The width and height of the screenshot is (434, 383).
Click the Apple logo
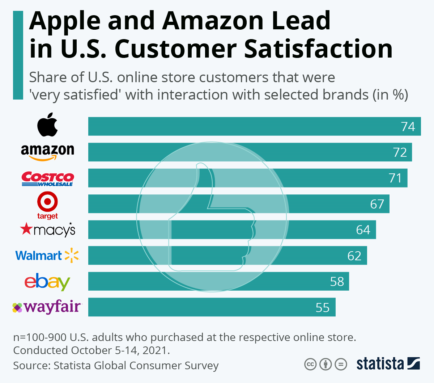(x=47, y=125)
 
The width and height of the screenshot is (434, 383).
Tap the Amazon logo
(x=47, y=152)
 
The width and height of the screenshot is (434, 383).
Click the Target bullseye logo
(x=47, y=202)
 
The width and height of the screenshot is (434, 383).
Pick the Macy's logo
(x=48, y=230)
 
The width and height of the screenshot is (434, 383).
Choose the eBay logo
(x=47, y=282)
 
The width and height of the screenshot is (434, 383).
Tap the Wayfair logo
(x=47, y=307)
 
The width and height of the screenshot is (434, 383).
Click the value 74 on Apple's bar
(x=408, y=127)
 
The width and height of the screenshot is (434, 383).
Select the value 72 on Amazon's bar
(x=400, y=152)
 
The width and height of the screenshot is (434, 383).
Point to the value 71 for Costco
(x=395, y=178)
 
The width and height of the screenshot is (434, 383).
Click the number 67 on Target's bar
(x=377, y=204)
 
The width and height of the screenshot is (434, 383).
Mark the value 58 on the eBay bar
(x=337, y=282)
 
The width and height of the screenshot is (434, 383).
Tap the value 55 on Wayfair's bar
(x=323, y=308)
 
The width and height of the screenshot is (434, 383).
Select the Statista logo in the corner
(x=388, y=363)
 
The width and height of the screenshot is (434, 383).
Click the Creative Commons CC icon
(x=310, y=364)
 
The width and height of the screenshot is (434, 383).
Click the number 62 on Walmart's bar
(x=354, y=256)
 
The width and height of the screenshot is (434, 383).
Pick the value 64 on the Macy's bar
(x=363, y=230)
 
